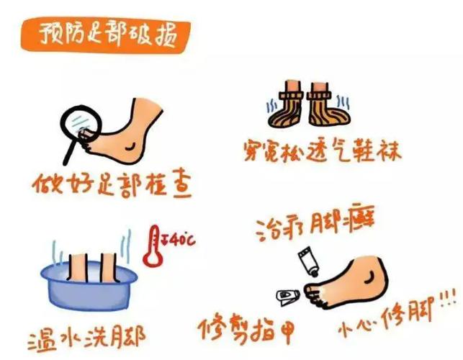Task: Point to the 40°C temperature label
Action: (x=178, y=235)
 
